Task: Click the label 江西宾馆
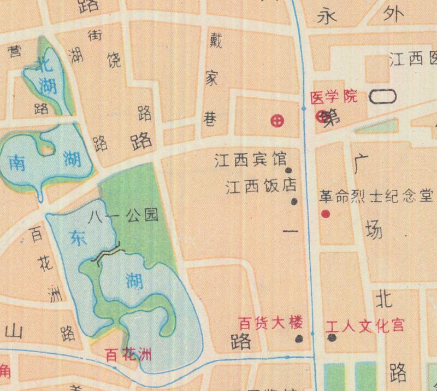pos(251,161)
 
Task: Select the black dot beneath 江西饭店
pos(294,201)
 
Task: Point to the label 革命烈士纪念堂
pos(376,195)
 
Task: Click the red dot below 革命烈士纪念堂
pos(326,214)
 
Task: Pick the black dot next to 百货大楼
pos(298,339)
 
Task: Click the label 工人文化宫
pos(365,326)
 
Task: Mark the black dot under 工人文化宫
pos(332,337)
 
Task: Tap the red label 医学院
pos(333,97)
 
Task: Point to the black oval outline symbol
pos(383,97)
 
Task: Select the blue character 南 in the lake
pos(17,162)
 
